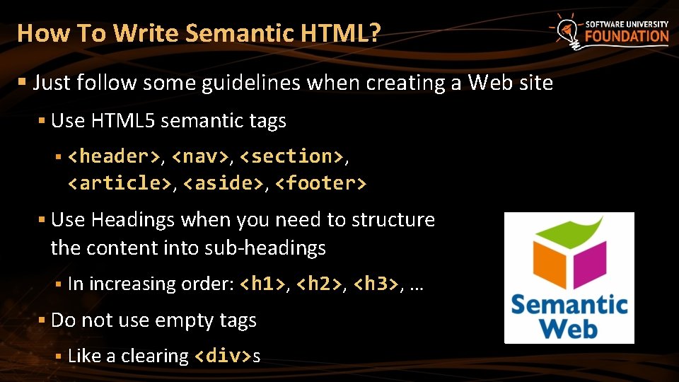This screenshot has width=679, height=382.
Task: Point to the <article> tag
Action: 119,183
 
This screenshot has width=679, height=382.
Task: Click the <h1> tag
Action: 263,284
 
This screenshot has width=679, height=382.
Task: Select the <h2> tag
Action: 320,284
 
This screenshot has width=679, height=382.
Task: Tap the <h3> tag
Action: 376,284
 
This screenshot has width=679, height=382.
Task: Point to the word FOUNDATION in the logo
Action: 626,37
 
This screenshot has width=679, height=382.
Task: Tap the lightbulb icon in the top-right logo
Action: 566,30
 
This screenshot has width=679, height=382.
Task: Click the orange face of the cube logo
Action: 550,260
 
